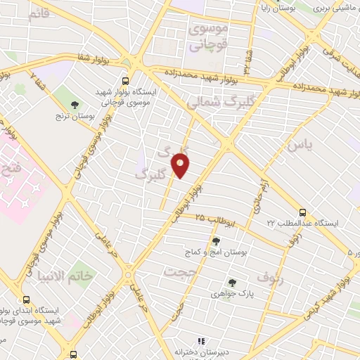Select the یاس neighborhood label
pyautogui.click(x=298, y=146)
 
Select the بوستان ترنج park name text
pyautogui.click(x=75, y=116)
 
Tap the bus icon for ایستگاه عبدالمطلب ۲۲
pyautogui.click(x=302, y=212)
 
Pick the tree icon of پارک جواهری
pyautogui.click(x=232, y=283)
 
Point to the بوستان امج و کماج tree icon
pyautogui.click(x=215, y=241)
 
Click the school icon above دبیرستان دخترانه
pyautogui.click(x=201, y=341)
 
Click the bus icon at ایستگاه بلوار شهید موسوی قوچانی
pyautogui.click(x=126, y=81)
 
